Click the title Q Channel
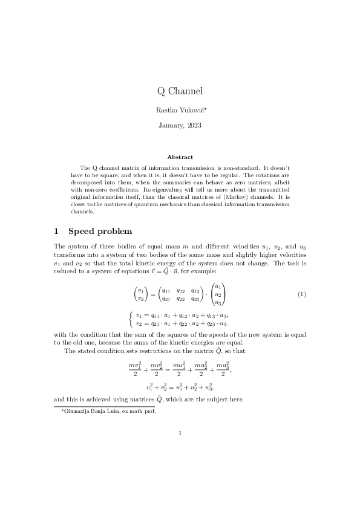(180, 91)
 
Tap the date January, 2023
(180, 126)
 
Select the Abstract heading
(180, 157)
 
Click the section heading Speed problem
(100, 231)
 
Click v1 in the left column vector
(141, 290)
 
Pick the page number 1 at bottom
(180, 432)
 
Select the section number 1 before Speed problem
(56, 231)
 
